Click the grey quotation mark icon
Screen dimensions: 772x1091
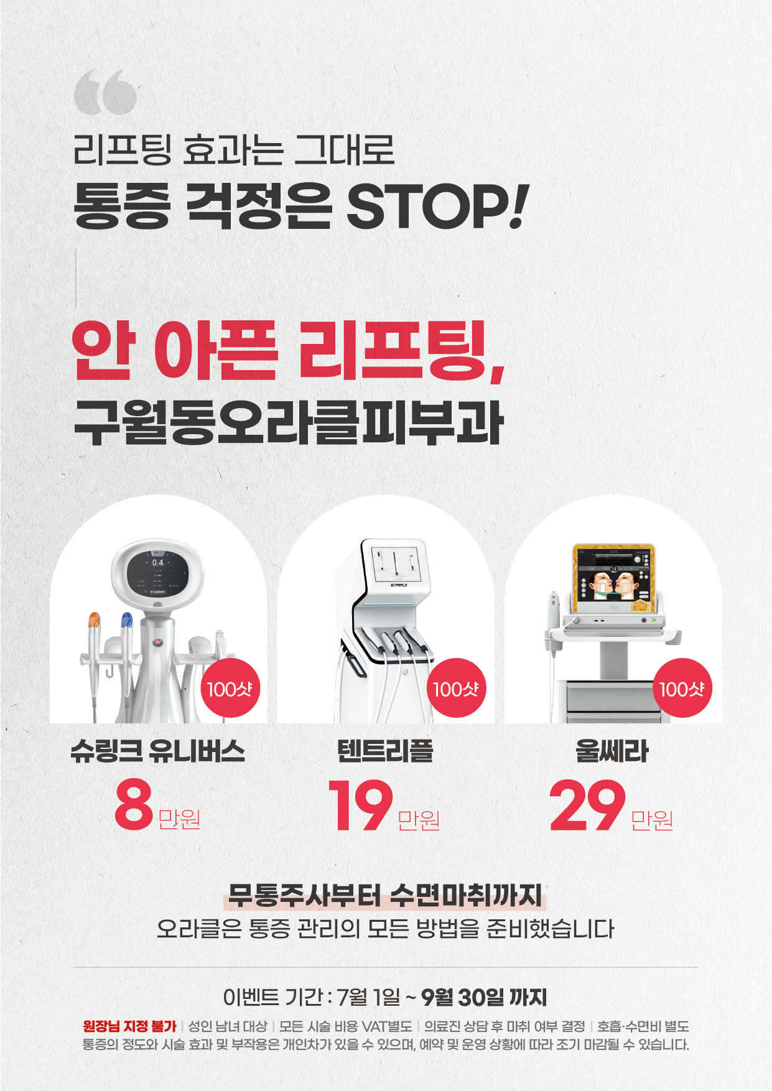tap(105, 91)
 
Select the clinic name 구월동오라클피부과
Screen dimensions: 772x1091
tap(289, 422)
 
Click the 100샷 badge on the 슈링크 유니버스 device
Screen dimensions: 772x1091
tap(230, 688)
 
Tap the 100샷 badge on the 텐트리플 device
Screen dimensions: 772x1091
tap(455, 688)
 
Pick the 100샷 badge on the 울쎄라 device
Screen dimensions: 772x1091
tap(682, 688)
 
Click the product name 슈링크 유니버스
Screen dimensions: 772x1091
tap(158, 751)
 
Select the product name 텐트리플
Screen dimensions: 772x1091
tap(385, 751)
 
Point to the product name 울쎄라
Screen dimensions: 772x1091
tap(612, 751)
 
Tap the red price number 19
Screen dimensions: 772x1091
tap(361, 805)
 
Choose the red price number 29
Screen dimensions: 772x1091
tap(587, 805)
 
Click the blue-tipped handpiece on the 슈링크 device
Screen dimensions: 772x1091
tap(126, 647)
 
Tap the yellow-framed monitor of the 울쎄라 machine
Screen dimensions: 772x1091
tap(613, 578)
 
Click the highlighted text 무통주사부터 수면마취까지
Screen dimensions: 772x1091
tap(385, 896)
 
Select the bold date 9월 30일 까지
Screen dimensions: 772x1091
tap(484, 998)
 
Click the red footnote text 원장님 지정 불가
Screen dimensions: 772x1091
tap(129, 1026)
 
